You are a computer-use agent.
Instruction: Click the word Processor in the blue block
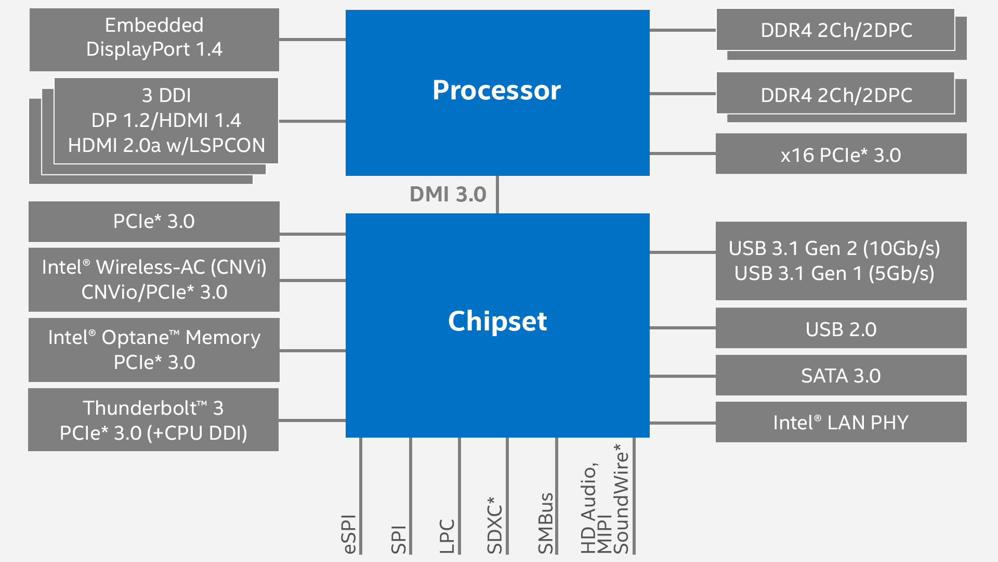coord(496,90)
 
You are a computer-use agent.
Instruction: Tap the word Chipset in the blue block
coord(497,321)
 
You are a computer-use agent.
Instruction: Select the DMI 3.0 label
coord(448,195)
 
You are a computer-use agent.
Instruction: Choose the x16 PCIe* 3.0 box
coord(841,155)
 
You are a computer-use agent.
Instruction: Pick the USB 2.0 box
coord(841,329)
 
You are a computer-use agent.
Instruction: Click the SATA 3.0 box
coord(841,376)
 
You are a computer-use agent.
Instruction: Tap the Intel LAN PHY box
coord(841,422)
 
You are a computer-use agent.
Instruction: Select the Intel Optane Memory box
coord(154,350)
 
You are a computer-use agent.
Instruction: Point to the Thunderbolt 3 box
coord(153,420)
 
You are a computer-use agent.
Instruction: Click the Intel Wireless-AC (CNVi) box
coord(154,279)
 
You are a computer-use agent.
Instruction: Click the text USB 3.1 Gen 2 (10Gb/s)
coord(834,248)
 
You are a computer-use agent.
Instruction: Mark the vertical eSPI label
coord(349,534)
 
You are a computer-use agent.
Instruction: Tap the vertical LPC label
coord(447,536)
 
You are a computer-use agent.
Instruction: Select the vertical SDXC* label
coord(495,526)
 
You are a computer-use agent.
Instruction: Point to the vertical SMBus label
coord(545,523)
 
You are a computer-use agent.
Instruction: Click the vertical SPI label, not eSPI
coord(398,540)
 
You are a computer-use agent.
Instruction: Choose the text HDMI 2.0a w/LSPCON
coord(166,145)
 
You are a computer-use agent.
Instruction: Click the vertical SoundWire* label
coord(621,499)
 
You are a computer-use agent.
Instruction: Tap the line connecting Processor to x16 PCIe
coord(682,154)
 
